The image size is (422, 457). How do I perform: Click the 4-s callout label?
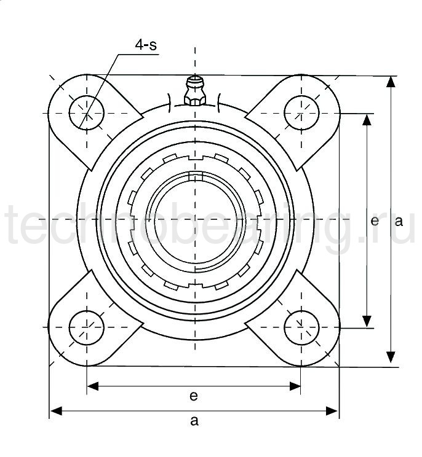146,45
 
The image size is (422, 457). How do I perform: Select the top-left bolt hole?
87,113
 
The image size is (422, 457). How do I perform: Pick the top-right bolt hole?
301,113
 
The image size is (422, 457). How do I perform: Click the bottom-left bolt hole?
87,327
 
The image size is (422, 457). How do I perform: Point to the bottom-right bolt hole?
301,327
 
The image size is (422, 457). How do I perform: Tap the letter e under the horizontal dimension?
194,396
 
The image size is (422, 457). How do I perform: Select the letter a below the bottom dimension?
194,421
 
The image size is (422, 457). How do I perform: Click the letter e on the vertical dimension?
375,221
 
